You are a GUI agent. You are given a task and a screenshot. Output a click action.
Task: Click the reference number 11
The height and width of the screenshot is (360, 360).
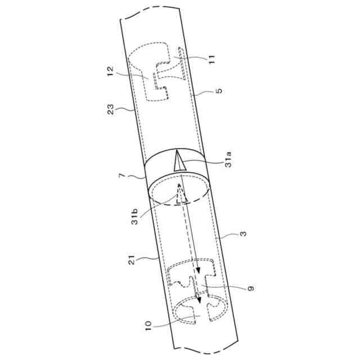211,59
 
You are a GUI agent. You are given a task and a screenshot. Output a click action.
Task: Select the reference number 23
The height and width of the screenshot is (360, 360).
110,110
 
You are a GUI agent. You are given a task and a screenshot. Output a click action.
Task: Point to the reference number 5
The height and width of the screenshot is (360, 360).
219,91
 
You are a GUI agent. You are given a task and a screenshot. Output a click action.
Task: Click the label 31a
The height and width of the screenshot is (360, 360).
228,159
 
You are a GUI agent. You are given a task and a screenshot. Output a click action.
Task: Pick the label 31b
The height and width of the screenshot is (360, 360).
134,217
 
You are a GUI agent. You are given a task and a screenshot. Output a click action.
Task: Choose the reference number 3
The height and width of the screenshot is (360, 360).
243,234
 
